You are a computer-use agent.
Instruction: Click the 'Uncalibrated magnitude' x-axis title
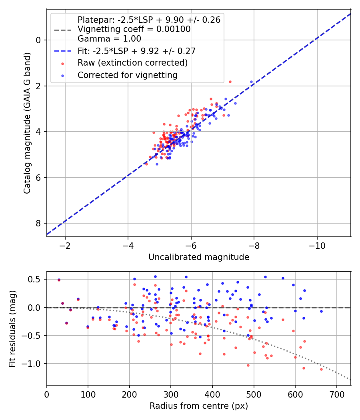click(199, 257)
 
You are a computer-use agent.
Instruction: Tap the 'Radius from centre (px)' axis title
click(199, 406)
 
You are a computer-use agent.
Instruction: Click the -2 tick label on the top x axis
click(65, 245)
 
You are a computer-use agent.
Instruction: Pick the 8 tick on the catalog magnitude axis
click(39, 223)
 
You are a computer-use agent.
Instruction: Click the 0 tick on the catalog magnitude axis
click(39, 40)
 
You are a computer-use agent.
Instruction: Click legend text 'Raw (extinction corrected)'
click(132, 63)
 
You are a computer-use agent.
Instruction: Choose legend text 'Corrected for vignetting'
click(127, 75)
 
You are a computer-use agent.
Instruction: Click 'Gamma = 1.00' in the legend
click(109, 39)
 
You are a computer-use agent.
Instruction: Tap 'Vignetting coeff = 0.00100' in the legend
click(134, 29)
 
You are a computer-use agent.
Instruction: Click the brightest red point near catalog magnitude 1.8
click(230, 82)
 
